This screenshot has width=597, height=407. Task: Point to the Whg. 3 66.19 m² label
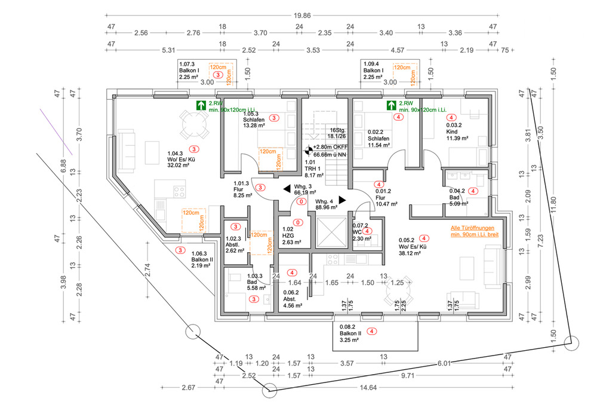point(304,190)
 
